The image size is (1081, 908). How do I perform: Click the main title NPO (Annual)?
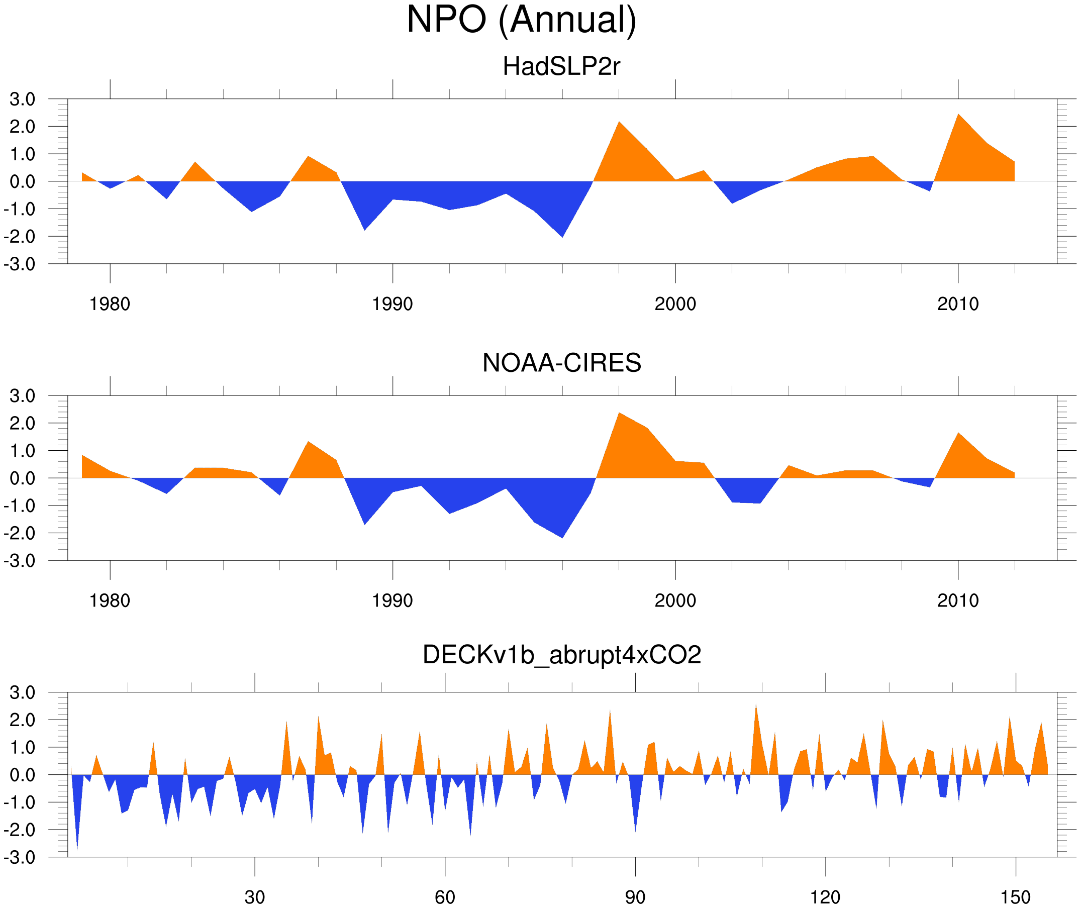pyautogui.click(x=522, y=20)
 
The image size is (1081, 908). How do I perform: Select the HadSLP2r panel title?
pyautogui.click(x=561, y=66)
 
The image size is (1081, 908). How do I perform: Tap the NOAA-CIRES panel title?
pyautogui.click(x=561, y=363)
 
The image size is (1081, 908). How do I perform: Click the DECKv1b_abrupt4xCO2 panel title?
pyautogui.click(x=561, y=655)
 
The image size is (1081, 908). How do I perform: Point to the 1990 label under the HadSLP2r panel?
pyautogui.click(x=392, y=304)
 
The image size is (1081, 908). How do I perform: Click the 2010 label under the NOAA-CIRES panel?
pyautogui.click(x=957, y=600)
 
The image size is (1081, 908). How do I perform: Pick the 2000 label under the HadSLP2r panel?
pyautogui.click(x=675, y=304)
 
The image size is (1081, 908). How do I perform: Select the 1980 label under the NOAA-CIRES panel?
pyautogui.click(x=110, y=600)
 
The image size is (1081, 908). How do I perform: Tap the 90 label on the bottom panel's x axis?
pyautogui.click(x=635, y=897)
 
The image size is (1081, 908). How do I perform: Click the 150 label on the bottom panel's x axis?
pyautogui.click(x=1015, y=897)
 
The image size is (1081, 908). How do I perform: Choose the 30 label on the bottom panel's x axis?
pyautogui.click(x=254, y=897)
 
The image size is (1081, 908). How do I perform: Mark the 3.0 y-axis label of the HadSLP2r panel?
pyautogui.click(x=22, y=99)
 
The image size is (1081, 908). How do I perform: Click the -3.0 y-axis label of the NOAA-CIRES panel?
pyautogui.click(x=20, y=561)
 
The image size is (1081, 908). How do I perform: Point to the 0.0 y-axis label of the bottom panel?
pyautogui.click(x=22, y=775)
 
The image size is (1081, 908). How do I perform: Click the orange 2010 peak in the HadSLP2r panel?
pyautogui.click(x=958, y=124)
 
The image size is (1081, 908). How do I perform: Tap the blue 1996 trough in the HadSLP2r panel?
pyautogui.click(x=561, y=229)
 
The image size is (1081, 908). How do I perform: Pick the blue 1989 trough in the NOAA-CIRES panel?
pyautogui.click(x=364, y=517)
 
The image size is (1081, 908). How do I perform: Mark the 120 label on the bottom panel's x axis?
pyautogui.click(x=825, y=897)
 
